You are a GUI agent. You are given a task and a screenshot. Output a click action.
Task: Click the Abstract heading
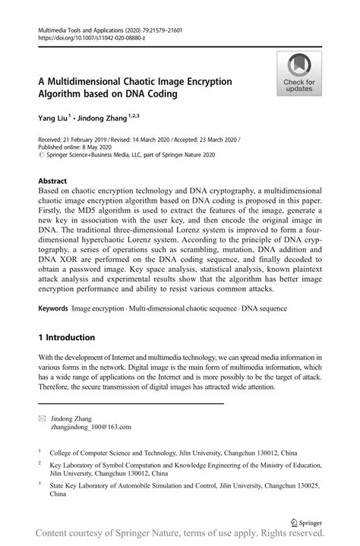pyautogui.click(x=52, y=181)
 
